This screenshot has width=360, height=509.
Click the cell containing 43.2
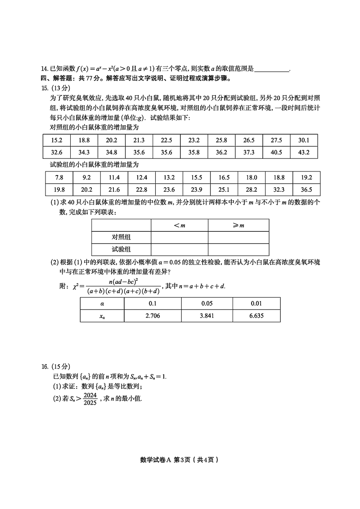pyautogui.click(x=304, y=152)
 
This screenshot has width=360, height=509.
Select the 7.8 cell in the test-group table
pyautogui.click(x=59, y=177)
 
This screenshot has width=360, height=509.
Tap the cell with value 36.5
pyautogui.click(x=306, y=189)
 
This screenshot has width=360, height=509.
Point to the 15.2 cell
pyautogui.click(x=57, y=140)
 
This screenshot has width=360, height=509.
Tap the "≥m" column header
pyautogui.click(x=238, y=225)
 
